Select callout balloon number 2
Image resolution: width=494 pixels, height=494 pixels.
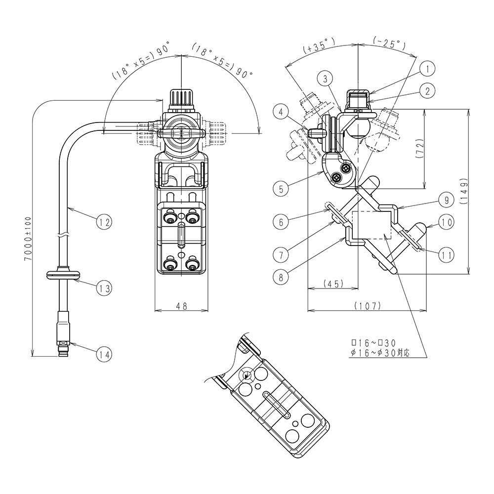(428, 90)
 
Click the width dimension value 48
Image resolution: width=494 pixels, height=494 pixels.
(181, 306)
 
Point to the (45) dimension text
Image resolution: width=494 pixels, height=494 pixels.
(332, 284)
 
